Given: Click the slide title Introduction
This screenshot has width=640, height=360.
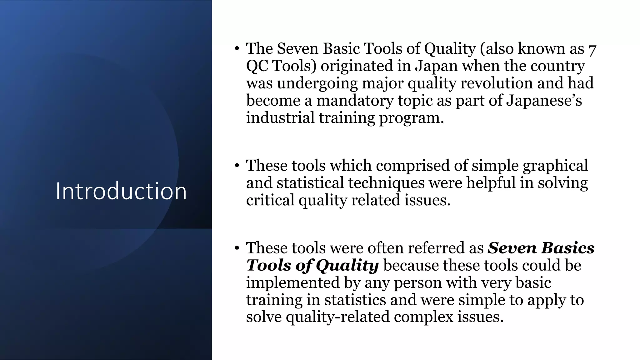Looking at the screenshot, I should [121, 191].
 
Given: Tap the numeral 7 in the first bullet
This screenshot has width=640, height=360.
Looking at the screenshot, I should [592, 50].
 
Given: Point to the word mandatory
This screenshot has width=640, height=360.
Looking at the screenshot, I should [355, 101].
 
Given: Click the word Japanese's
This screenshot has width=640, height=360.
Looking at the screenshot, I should [544, 101].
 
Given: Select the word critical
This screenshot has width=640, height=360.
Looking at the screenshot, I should [270, 200].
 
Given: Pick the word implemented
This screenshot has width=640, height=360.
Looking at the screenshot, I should [292, 282].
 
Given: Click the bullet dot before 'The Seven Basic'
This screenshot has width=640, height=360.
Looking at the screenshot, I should [237, 49].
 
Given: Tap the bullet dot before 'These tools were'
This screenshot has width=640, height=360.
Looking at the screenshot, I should [237, 248].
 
